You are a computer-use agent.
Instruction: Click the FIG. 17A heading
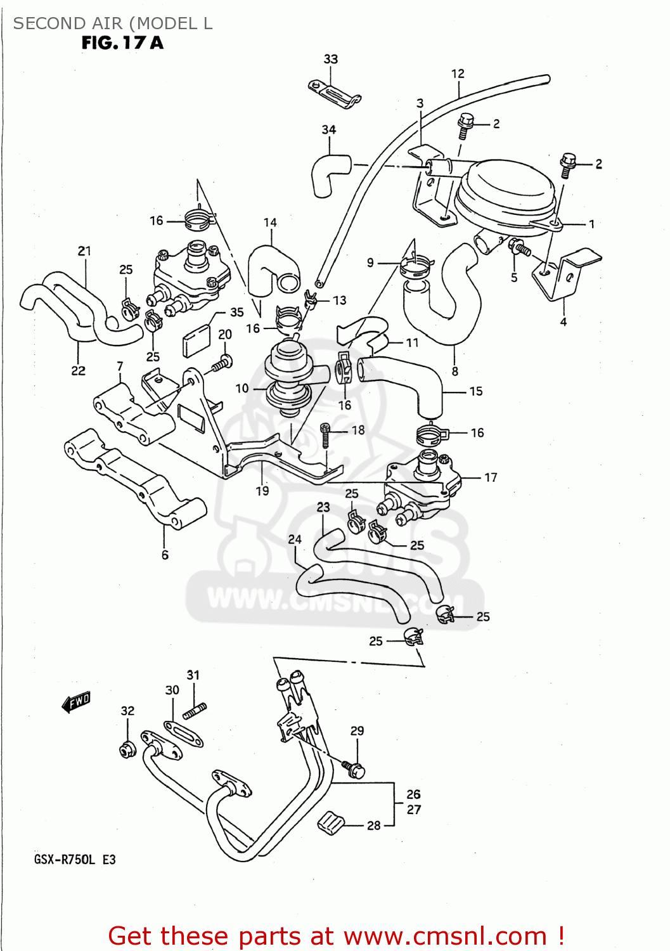pos(122,43)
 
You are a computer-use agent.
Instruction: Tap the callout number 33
pos(330,59)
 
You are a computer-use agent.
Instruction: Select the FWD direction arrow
pos(77,702)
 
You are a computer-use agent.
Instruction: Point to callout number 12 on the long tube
pos(458,74)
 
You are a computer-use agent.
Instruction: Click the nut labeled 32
pos(127,749)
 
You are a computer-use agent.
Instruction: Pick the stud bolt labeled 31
pos(195,711)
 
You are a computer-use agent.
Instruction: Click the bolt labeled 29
pos(354,769)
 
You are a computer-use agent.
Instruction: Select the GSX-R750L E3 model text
pos(75,860)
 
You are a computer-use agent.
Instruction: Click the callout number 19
pos(262,490)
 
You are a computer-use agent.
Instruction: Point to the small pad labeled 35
pos(196,342)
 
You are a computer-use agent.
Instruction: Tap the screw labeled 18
pos(326,435)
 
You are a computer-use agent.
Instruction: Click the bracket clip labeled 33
pos(334,93)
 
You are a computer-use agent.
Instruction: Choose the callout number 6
pos(165,555)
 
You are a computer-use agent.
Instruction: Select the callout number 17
pos(491,477)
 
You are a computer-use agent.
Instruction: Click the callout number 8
pos(454,372)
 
